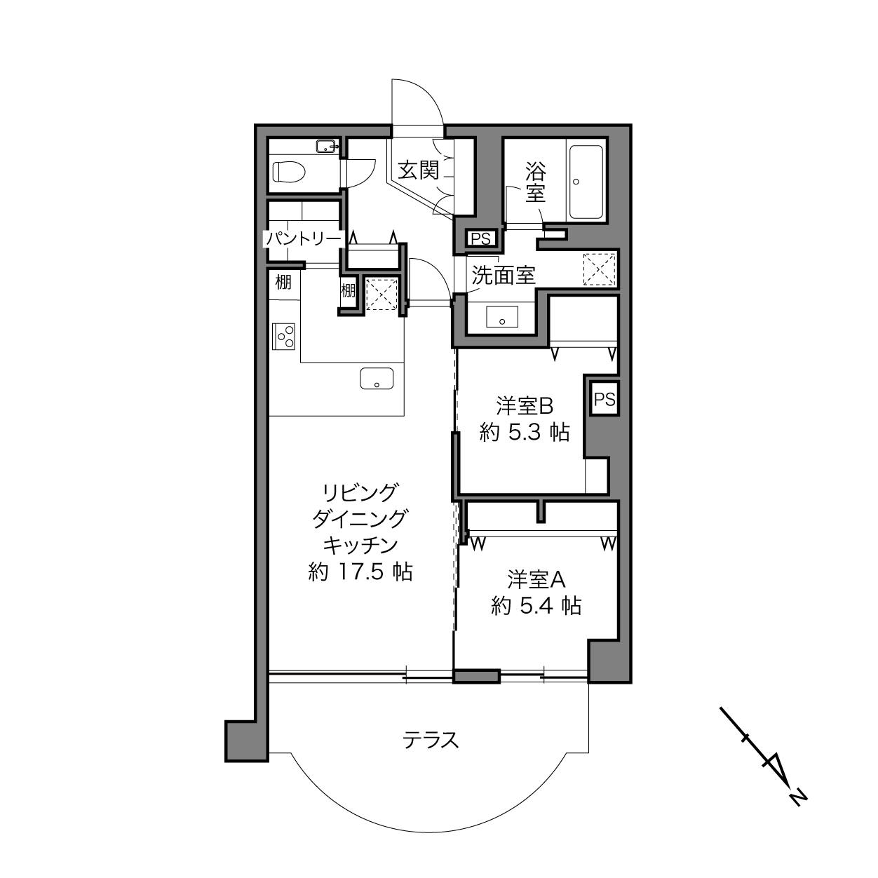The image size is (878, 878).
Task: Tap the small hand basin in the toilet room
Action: pyautogui.click(x=327, y=147)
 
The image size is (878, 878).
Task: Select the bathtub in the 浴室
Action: pyautogui.click(x=586, y=182)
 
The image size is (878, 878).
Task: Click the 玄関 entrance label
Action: pyautogui.click(x=418, y=170)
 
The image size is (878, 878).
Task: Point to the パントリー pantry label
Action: pyautogui.click(x=304, y=238)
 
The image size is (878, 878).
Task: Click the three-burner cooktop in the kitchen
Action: pyautogui.click(x=283, y=336)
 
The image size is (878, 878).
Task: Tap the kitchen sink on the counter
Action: pyautogui.click(x=377, y=379)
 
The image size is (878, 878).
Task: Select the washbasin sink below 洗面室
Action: pyautogui.click(x=502, y=317)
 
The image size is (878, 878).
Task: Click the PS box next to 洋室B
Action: pyautogui.click(x=605, y=400)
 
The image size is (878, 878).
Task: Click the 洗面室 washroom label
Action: pyautogui.click(x=504, y=275)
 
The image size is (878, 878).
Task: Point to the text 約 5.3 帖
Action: pyautogui.click(x=525, y=432)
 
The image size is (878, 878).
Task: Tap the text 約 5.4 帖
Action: pyautogui.click(x=536, y=606)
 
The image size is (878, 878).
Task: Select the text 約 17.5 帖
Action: pyautogui.click(x=360, y=572)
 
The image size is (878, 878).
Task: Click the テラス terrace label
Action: pyautogui.click(x=431, y=741)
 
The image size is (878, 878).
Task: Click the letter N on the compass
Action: pyautogui.click(x=798, y=810)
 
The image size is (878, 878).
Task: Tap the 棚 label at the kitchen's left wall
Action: pyautogui.click(x=283, y=283)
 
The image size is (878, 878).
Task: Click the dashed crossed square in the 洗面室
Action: pyautogui.click(x=600, y=270)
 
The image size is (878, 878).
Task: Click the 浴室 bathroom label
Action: pyautogui.click(x=536, y=182)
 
